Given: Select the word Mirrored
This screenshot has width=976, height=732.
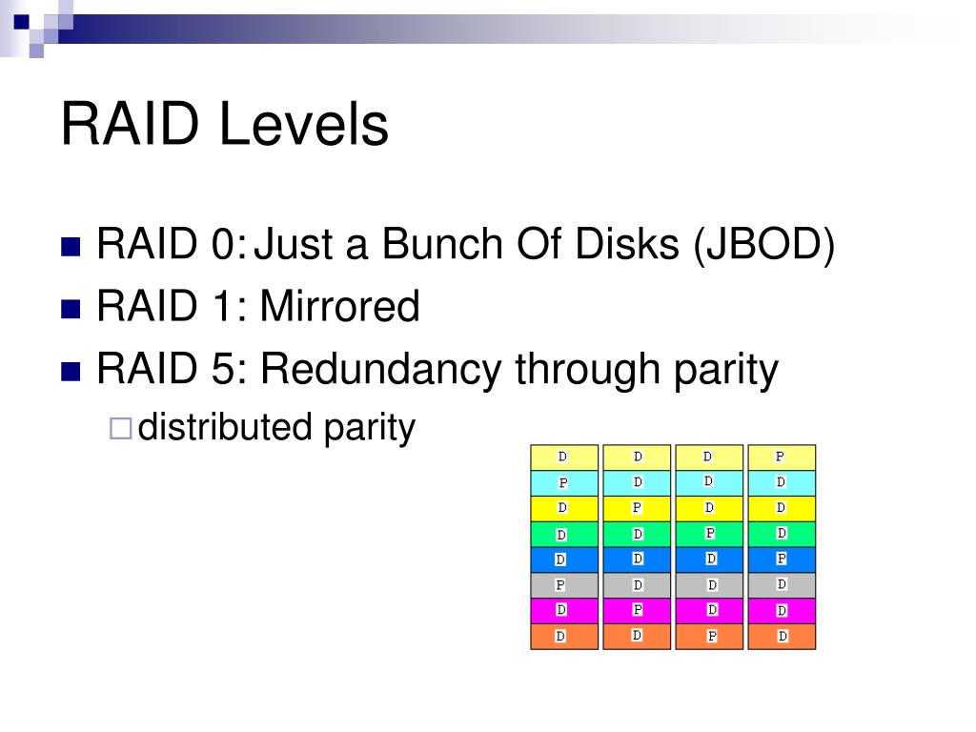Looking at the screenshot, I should tap(339, 307).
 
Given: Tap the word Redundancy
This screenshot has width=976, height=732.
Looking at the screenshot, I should tap(381, 369).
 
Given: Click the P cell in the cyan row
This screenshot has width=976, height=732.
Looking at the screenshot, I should tap(563, 483).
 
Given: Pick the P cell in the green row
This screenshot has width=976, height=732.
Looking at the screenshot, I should tap(709, 534).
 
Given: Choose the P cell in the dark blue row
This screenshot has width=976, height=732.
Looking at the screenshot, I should tap(782, 559).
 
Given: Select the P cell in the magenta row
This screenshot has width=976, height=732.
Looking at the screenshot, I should tap(637, 610).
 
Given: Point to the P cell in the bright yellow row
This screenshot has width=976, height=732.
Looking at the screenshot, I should tap(637, 508).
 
